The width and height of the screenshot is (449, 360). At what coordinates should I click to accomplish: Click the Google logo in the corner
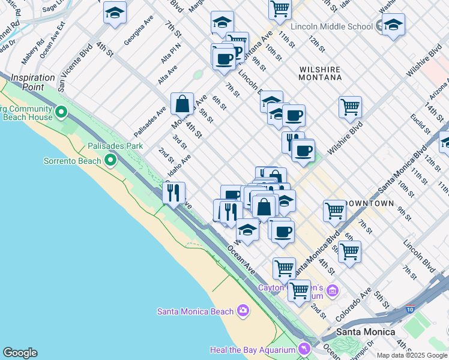[20, 353]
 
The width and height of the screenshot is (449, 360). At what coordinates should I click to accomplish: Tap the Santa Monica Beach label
[195, 311]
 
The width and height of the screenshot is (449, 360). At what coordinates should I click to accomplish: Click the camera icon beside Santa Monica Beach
[243, 310]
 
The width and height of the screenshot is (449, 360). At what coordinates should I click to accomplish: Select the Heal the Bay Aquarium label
[253, 350]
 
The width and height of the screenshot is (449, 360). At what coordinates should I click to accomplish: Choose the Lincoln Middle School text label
[331, 26]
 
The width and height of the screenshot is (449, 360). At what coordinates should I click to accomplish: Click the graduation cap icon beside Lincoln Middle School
[393, 25]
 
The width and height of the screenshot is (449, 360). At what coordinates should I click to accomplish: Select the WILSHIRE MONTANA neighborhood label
[321, 73]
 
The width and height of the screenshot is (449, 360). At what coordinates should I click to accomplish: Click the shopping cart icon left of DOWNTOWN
[334, 210]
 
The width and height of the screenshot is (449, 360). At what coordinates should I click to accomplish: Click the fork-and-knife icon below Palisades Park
[173, 193]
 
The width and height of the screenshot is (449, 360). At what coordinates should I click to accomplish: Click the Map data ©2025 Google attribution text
[411, 355]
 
